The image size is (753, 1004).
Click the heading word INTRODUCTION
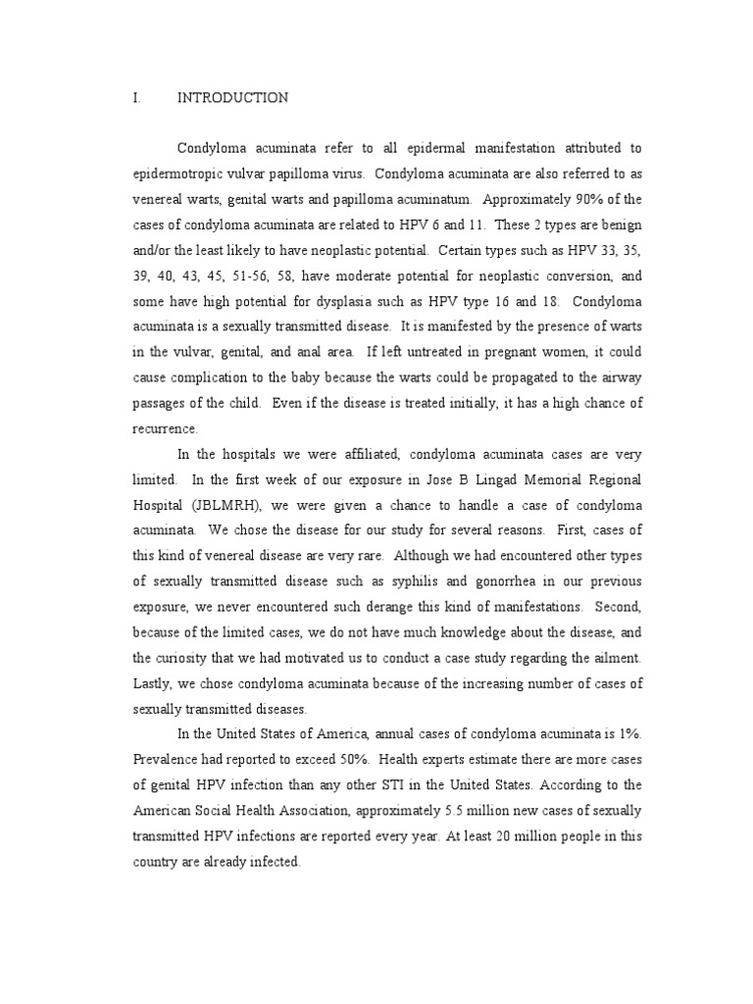click(x=232, y=97)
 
